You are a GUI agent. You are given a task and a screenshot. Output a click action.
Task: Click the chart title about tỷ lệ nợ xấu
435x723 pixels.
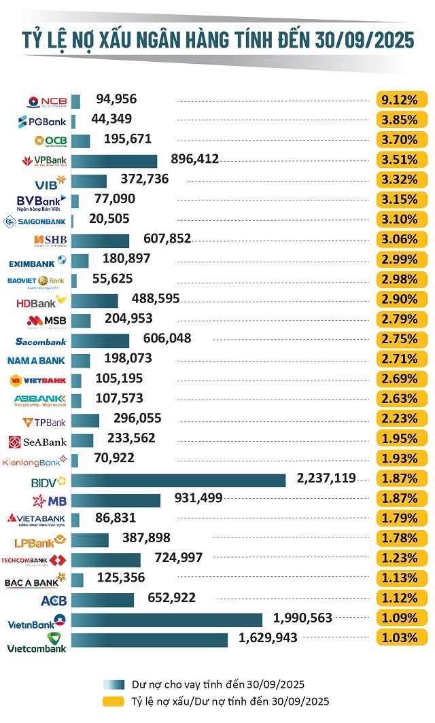[217, 40]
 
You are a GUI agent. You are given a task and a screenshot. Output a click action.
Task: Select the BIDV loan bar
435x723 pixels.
[178, 480]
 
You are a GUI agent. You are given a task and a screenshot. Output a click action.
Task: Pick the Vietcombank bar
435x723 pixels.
[150, 640]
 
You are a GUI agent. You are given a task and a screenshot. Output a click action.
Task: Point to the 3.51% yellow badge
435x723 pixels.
[401, 160]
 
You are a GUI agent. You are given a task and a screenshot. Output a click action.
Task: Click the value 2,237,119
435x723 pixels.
[326, 478]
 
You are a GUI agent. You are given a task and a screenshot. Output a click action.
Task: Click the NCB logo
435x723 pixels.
[47, 101]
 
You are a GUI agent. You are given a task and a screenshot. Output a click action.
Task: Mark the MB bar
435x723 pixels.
[116, 500]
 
